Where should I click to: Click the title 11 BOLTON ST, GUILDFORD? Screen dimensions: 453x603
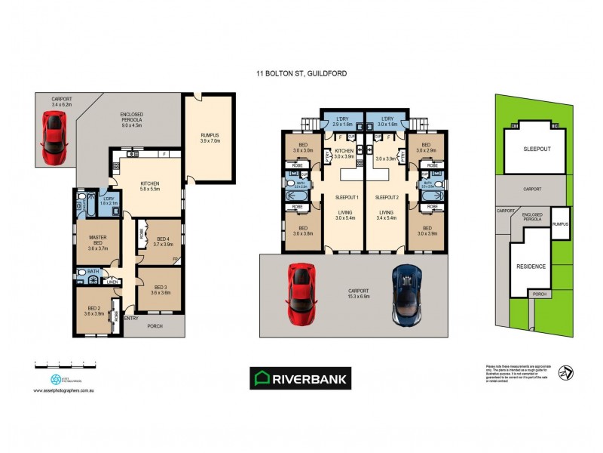click(x=301, y=74)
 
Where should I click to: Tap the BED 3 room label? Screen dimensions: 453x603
click(x=159, y=289)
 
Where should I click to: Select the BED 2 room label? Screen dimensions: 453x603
click(x=93, y=310)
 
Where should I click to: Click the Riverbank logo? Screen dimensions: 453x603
click(x=300, y=378)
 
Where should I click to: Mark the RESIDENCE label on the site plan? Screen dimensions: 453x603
click(x=531, y=267)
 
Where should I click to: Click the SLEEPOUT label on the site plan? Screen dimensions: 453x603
click(x=537, y=149)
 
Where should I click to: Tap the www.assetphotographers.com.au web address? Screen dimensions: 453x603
click(x=63, y=391)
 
